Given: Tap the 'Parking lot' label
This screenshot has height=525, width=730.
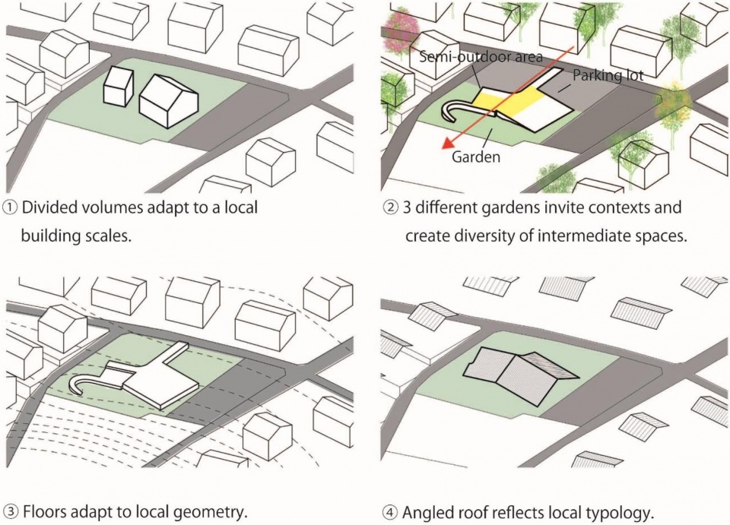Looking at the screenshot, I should [608, 76].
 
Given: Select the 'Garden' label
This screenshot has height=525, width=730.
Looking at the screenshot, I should [476, 157].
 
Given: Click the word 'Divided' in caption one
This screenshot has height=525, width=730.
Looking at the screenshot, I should [49, 207].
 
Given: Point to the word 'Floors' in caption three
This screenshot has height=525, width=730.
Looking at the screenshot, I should [45, 509].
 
